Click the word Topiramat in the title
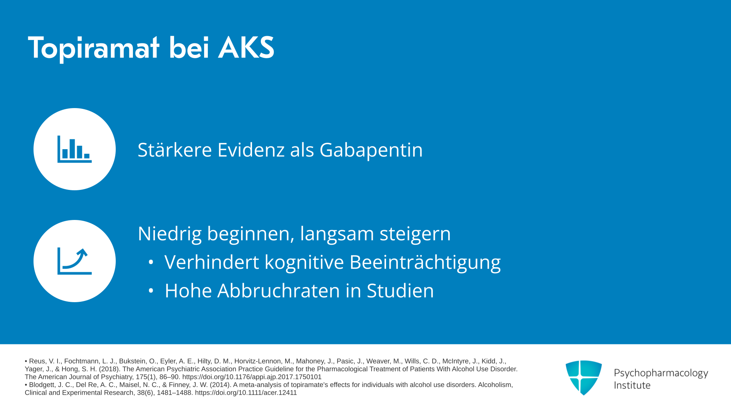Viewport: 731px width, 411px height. click(x=94, y=48)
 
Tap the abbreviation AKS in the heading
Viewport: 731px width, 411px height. click(x=246, y=48)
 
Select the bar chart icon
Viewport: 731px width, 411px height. click(x=75, y=149)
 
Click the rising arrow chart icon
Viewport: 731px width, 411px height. click(x=75, y=261)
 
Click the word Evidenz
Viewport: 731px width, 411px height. click(x=251, y=150)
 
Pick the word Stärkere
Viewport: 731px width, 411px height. click(x=175, y=149)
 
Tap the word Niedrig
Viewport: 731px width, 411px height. click(x=170, y=234)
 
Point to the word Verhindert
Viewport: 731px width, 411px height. click(x=212, y=262)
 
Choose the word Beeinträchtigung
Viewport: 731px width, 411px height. click(x=425, y=263)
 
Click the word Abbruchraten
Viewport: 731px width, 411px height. click(x=279, y=291)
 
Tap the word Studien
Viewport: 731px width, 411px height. click(x=400, y=291)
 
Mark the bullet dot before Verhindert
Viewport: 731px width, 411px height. click(x=151, y=262)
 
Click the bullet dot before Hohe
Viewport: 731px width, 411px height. click(x=151, y=291)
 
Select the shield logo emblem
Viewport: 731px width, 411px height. click(x=584, y=378)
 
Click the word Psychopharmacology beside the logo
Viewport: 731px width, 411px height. click(x=661, y=373)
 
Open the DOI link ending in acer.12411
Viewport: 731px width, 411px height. click(x=246, y=393)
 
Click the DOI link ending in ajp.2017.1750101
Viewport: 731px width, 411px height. click(x=252, y=377)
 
